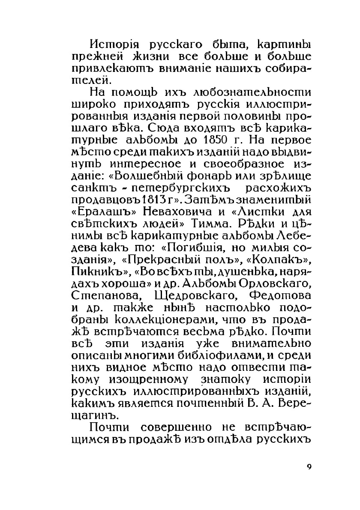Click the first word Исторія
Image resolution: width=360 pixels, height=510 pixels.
pos(112,45)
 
